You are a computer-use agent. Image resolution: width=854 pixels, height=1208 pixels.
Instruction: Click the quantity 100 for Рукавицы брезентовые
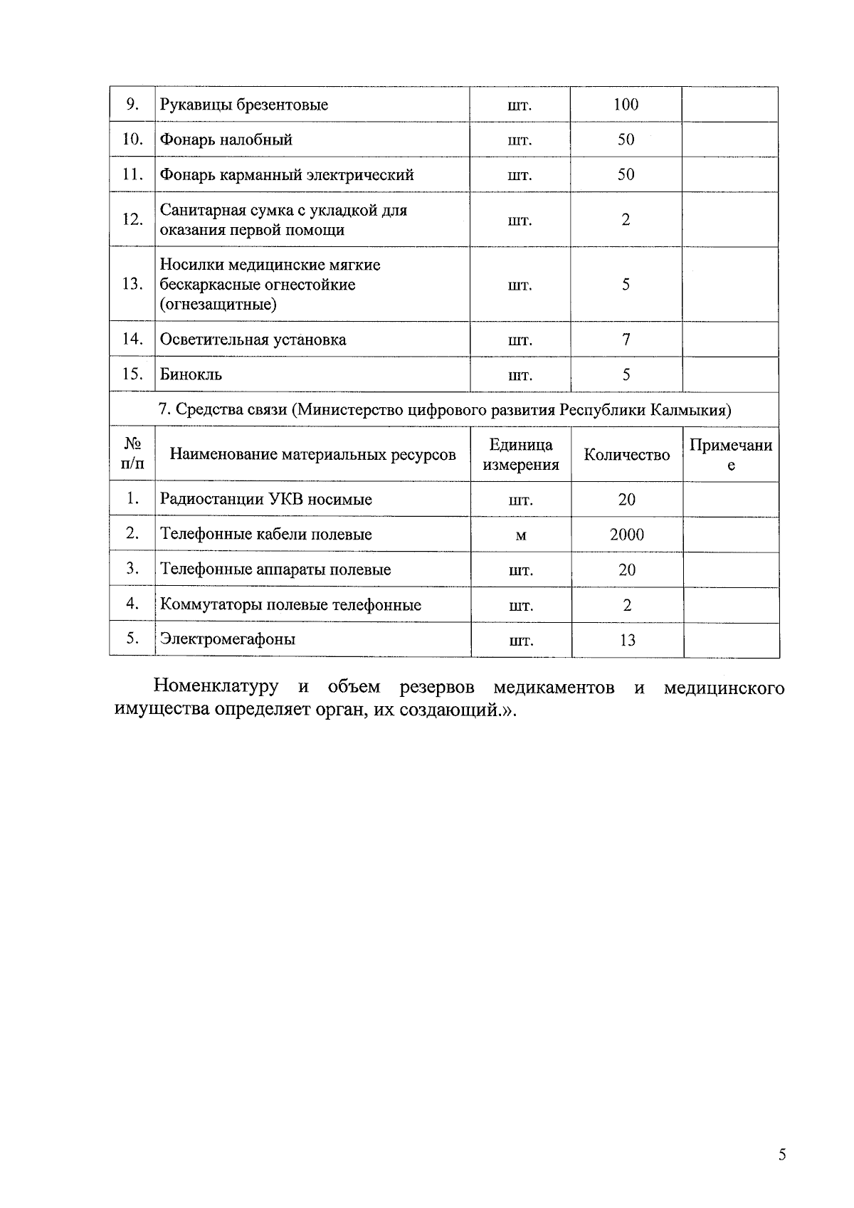(x=626, y=105)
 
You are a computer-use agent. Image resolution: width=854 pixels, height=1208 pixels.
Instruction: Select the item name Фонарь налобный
(x=226, y=140)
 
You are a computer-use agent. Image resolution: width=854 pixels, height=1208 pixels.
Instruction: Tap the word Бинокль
(x=191, y=374)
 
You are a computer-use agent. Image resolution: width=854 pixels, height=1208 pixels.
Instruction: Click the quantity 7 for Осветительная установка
(x=626, y=340)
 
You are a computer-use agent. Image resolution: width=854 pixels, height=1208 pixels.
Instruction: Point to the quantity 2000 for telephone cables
(x=626, y=535)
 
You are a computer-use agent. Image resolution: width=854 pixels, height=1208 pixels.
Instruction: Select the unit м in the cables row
(x=520, y=535)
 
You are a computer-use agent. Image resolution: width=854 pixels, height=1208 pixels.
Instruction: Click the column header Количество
(x=626, y=455)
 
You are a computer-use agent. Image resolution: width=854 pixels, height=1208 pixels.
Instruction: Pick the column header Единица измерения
(x=520, y=455)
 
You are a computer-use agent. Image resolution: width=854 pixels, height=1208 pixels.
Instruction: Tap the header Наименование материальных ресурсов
(x=312, y=454)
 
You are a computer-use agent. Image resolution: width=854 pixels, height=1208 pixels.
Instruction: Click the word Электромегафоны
(x=228, y=639)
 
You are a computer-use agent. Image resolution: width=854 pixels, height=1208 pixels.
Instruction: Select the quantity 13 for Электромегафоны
(x=626, y=640)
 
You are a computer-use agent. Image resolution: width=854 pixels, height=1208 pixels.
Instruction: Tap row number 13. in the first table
(x=132, y=284)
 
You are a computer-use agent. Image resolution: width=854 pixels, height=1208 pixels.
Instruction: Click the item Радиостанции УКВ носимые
(x=265, y=499)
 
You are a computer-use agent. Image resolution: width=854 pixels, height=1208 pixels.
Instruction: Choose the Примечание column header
(x=731, y=455)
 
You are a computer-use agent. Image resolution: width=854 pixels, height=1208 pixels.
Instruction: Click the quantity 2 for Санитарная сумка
(x=626, y=219)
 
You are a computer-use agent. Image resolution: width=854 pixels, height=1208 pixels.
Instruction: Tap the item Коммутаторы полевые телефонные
(x=290, y=605)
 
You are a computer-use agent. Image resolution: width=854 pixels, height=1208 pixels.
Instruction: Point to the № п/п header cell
(x=132, y=454)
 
